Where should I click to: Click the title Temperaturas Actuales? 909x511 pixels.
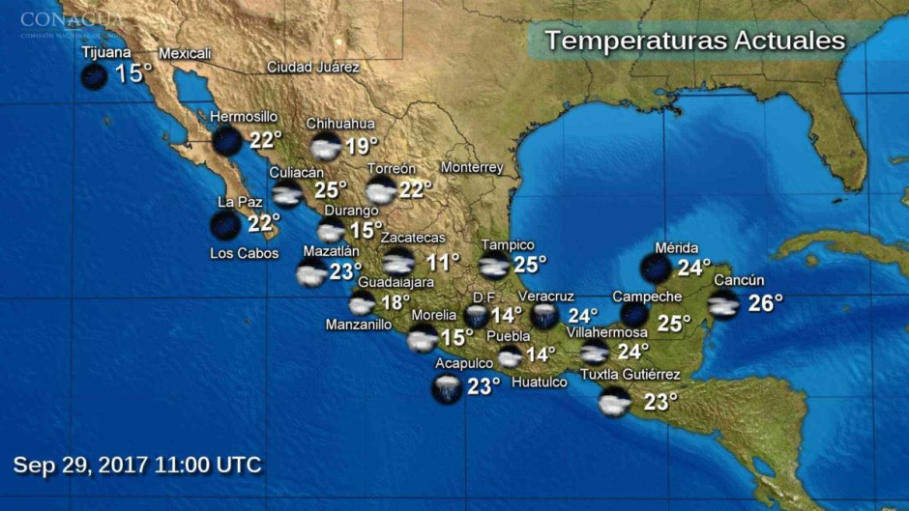(694, 41)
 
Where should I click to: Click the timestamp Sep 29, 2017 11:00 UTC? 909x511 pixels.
(137, 465)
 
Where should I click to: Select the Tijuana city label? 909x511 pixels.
(105, 52)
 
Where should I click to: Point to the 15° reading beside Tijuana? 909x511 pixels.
(133, 74)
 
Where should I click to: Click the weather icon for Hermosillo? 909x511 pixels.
(228, 141)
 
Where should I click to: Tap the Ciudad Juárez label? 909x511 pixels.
(313, 68)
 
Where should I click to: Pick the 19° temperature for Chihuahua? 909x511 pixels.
(362, 146)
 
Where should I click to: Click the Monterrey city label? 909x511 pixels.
(472, 167)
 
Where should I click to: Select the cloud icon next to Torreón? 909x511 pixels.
(381, 189)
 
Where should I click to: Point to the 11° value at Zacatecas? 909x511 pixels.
(443, 262)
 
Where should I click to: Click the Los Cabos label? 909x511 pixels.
(244, 254)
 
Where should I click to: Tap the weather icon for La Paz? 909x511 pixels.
(226, 226)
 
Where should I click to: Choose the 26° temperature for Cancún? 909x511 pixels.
(765, 303)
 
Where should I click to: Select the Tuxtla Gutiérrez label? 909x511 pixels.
(630, 375)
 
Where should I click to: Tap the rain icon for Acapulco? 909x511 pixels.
(447, 388)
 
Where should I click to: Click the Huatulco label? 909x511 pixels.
(539, 383)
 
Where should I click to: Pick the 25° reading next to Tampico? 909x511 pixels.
(529, 263)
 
